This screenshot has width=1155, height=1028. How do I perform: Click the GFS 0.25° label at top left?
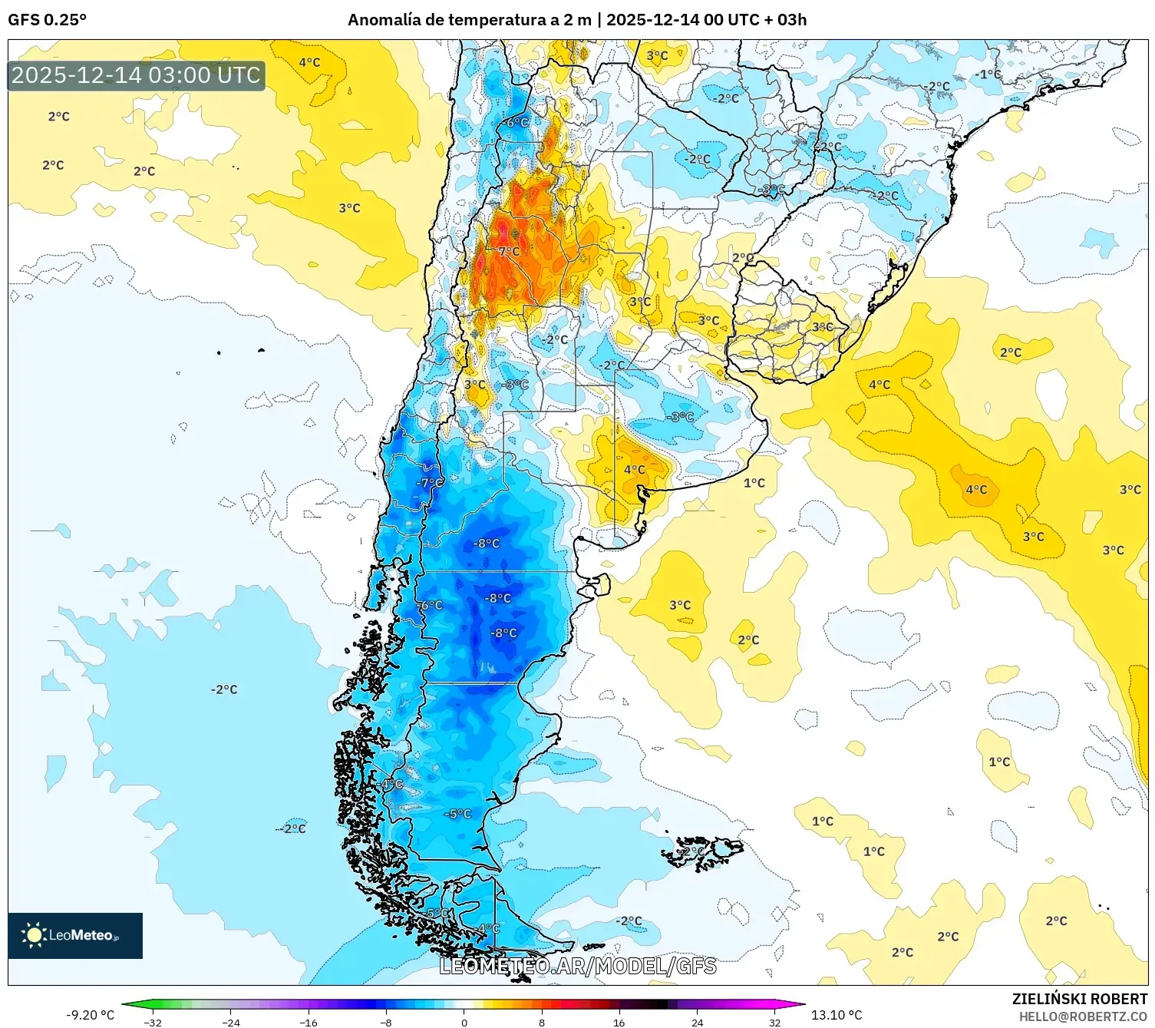(x=47, y=20)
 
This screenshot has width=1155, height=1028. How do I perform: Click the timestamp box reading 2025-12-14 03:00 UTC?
(x=136, y=75)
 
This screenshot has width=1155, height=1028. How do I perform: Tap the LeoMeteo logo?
(x=74, y=935)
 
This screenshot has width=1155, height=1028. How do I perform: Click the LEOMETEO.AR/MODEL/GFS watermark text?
(x=577, y=966)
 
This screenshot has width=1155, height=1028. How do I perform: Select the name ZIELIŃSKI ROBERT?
(x=1079, y=999)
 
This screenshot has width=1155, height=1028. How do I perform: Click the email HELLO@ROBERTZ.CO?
(x=1083, y=1016)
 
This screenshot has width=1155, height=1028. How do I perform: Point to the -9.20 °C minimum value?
(x=90, y=1015)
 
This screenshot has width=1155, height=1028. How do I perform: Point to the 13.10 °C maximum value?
(x=837, y=1015)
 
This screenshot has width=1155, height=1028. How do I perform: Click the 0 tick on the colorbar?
(x=464, y=1023)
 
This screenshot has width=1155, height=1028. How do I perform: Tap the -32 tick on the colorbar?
(x=153, y=1023)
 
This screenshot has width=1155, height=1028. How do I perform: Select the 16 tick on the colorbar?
(x=619, y=1023)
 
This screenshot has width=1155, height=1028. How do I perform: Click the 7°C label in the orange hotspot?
(x=509, y=251)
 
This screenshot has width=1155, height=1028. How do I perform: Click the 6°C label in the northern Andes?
(x=517, y=122)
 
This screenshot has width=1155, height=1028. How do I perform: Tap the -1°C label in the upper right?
(x=988, y=74)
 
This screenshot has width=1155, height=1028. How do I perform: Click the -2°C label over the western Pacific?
(x=224, y=689)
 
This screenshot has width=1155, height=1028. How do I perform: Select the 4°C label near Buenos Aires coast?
(x=634, y=469)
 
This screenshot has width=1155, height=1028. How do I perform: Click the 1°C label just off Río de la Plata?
(x=754, y=483)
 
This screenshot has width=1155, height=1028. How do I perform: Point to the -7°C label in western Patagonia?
(x=430, y=483)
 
